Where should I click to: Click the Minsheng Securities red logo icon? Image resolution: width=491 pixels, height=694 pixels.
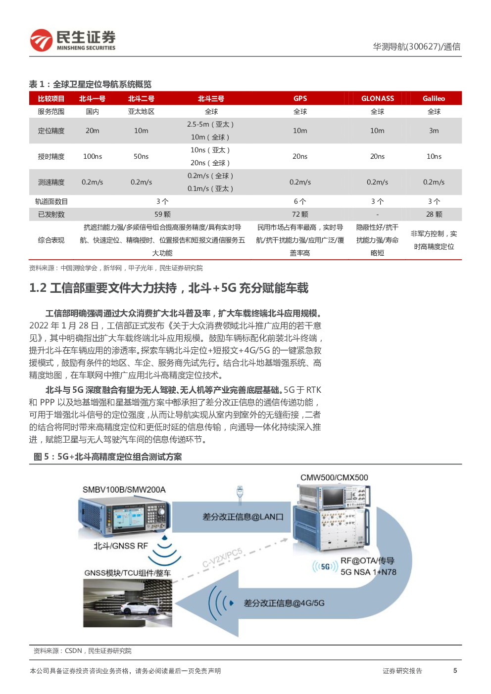click(41, 40)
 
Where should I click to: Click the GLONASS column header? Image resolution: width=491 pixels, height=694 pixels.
click(377, 98)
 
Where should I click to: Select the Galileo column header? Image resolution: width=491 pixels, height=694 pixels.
click(434, 98)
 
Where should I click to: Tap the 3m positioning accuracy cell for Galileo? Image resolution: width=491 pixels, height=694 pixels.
click(434, 131)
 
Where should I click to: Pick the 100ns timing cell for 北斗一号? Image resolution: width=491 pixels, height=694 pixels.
click(93, 156)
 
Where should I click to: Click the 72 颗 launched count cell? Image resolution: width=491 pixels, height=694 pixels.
click(300, 214)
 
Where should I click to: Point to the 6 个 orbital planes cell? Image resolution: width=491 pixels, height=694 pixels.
click(300, 201)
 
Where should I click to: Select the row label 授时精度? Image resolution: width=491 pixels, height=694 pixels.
click(51, 156)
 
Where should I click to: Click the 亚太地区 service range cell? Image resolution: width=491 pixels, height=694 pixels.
click(141, 111)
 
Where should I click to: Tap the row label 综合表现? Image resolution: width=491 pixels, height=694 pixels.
click(51, 240)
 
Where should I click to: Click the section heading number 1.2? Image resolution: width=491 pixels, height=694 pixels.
click(38, 288)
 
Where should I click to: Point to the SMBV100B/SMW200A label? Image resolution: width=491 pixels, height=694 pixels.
click(124, 490)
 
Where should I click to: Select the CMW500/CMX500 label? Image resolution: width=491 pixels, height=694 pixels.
click(334, 477)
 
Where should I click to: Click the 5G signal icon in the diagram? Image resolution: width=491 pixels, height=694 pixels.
click(325, 566)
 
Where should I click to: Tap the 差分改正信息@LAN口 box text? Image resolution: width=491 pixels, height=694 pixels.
click(243, 517)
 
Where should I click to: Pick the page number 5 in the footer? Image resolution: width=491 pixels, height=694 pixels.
click(455, 671)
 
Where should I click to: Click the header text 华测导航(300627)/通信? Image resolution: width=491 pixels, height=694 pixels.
click(417, 47)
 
